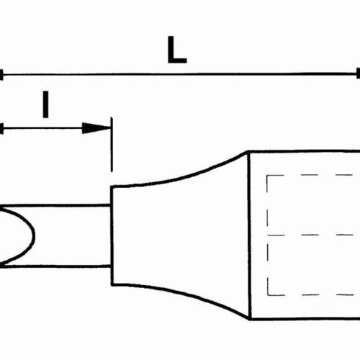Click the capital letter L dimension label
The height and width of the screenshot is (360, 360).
pos(177,50)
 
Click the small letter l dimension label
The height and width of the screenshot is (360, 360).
pos(45,104)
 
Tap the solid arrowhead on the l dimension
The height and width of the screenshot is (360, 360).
pos(96,128)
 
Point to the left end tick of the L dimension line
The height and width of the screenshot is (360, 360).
pos(1,75)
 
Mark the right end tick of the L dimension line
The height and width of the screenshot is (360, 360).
pos(359,73)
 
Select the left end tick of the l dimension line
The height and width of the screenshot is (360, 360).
pos(1,129)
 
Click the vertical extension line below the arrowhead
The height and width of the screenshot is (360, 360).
pos(112,145)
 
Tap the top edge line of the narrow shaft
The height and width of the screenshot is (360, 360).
pos(55,206)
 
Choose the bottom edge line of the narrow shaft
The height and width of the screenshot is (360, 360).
pos(55,266)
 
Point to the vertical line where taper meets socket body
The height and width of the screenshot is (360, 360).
pos(250,235)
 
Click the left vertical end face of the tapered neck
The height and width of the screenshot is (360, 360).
pos(112,235)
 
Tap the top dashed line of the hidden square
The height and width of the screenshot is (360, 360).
pos(310,175)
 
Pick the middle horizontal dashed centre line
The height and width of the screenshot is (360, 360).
pos(310,235)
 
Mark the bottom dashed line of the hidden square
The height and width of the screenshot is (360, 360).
pos(310,294)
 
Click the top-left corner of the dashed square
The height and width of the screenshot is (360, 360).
pos(267,176)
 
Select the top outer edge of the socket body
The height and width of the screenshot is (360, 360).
pos(305,151)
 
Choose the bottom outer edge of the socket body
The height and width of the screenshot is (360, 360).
pos(305,318)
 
